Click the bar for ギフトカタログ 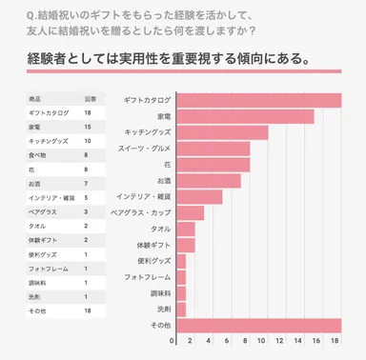tap(258, 100)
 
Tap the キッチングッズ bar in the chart tap(222, 132)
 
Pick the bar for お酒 tap(208, 181)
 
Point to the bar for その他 tap(258, 326)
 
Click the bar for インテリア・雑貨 tap(199, 197)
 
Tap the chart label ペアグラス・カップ tap(141, 213)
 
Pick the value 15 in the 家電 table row tap(87, 126)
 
